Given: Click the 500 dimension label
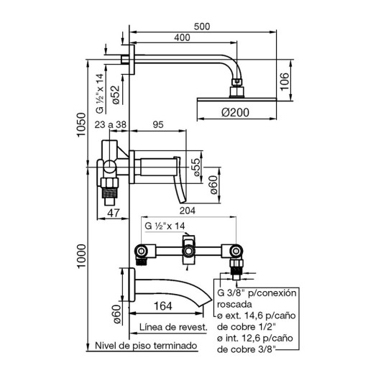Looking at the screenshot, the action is point(202,27).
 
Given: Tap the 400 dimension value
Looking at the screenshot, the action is point(182,37).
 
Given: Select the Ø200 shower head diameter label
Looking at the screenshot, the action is point(235,112).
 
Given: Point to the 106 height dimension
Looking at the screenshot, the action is point(285,82).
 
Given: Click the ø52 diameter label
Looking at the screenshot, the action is point(116,95).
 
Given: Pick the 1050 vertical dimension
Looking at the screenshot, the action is point(81,124).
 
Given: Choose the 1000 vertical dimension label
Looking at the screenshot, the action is point(81,257).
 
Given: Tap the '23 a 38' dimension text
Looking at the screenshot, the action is point(111,124).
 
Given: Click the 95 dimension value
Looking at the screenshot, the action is point(158,124).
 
